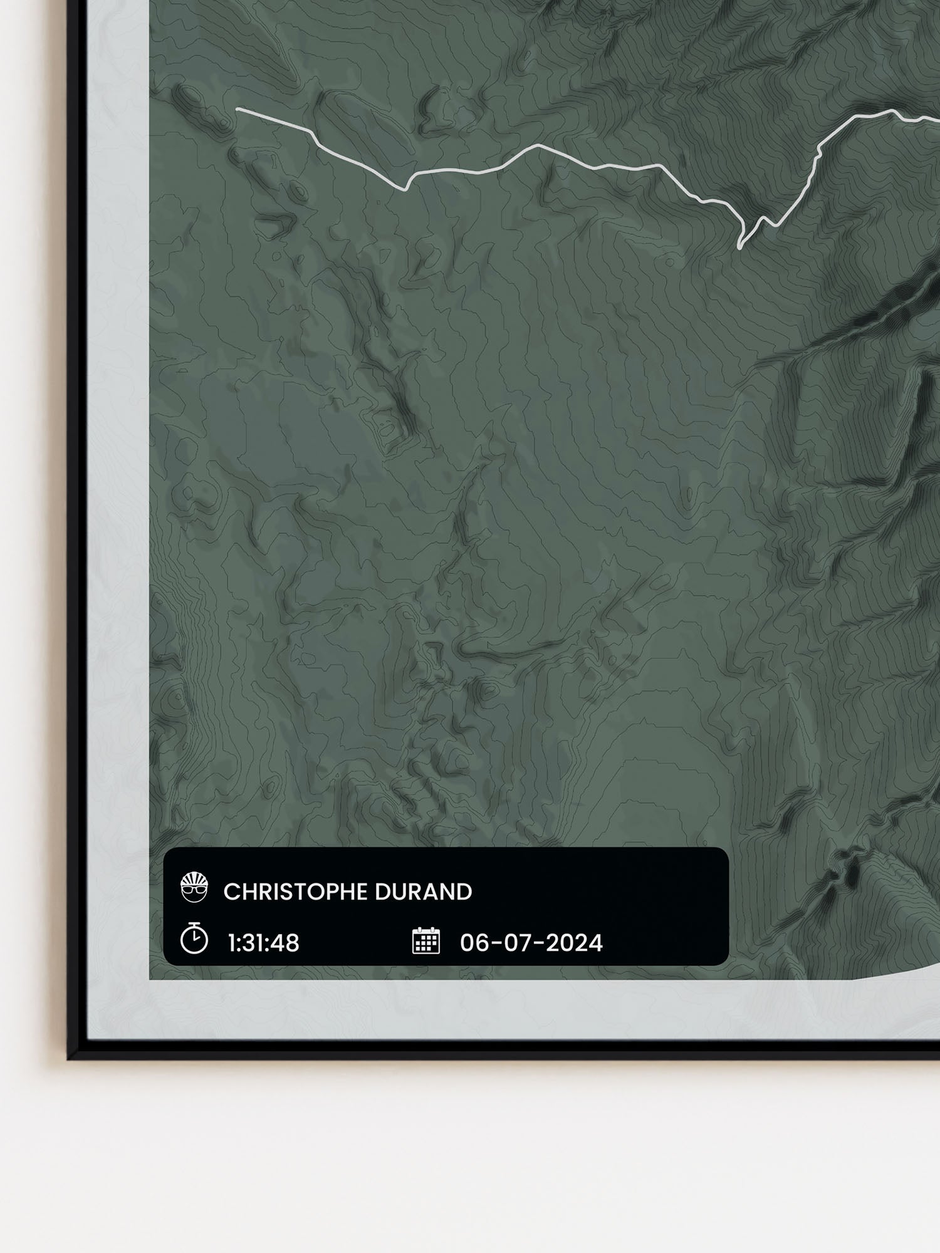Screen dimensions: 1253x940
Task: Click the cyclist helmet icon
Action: (x=194, y=888)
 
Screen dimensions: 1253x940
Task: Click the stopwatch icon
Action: (x=194, y=940)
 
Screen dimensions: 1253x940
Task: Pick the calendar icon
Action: (x=426, y=941)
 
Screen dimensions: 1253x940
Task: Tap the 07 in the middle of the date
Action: (x=513, y=942)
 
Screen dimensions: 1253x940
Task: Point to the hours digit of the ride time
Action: (x=232, y=942)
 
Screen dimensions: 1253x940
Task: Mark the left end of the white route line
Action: (x=237, y=109)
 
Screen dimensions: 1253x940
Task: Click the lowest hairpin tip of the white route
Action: (x=740, y=247)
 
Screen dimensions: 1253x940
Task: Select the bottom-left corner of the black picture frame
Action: (x=70, y=1057)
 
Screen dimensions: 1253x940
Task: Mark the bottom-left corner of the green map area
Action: (x=150, y=979)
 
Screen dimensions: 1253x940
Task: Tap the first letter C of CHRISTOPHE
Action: (x=230, y=892)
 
